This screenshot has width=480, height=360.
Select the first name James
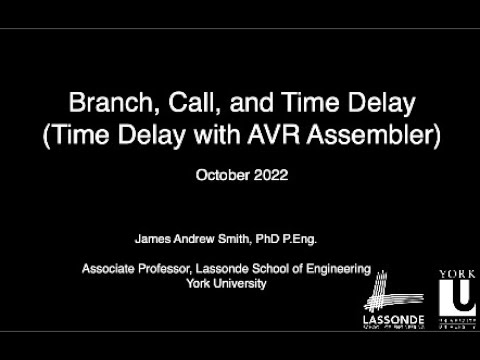(151, 240)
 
